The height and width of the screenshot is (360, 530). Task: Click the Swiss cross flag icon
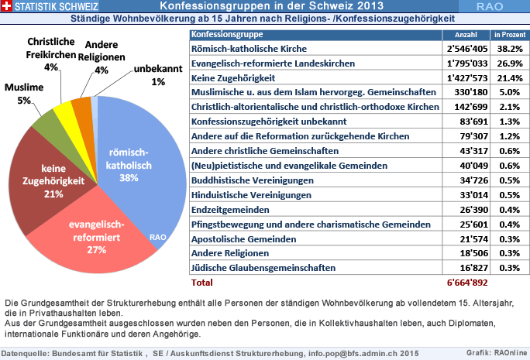pos(6,5)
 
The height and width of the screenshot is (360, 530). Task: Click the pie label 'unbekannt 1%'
pos(158,75)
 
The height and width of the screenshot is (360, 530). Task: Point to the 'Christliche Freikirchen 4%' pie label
pos(50,54)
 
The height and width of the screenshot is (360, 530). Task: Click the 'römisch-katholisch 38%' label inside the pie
pos(129,165)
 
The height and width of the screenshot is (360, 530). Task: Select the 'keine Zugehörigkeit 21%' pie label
pos(53,181)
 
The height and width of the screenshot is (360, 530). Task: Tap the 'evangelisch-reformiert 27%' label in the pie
pos(97,237)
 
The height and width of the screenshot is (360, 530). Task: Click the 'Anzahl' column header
pos(466,35)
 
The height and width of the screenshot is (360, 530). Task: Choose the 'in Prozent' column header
pos(510,35)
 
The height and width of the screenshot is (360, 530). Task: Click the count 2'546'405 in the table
pos(467,49)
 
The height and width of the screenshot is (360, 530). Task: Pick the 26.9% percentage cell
pos(510,63)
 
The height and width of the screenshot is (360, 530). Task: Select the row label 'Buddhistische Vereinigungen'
pos(253,180)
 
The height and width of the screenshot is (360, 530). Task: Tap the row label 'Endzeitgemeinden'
pos(230,210)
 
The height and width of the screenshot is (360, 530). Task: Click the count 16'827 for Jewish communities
pos(474,268)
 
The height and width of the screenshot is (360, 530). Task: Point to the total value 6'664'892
pos(467,283)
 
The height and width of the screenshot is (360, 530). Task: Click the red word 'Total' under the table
pos(201,283)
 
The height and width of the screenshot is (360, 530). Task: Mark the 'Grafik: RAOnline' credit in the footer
pos(497,353)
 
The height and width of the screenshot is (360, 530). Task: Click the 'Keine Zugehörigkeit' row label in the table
pos(233,78)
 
